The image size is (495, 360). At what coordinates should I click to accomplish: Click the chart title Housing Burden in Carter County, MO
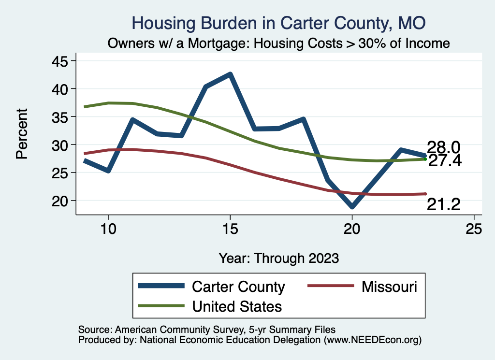tap(278, 23)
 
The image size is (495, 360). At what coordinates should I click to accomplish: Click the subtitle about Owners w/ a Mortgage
tap(278, 43)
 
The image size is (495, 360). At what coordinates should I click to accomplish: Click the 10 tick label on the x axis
tap(108, 229)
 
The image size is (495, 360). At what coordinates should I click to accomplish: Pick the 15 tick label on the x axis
tap(230, 229)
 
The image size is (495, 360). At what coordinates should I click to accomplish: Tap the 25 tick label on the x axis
tap(474, 229)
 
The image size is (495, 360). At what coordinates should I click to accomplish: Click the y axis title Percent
tap(22, 134)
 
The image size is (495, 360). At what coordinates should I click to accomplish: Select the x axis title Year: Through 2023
tap(278, 258)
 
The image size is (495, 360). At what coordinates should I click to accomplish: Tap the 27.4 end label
tap(445, 161)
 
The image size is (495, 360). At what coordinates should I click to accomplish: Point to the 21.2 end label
tap(443, 205)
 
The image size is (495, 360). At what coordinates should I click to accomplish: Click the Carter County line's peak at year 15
tap(230, 74)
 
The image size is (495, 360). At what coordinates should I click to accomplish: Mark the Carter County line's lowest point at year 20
tap(352, 207)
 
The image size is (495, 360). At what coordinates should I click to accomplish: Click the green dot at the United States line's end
tap(425, 158)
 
